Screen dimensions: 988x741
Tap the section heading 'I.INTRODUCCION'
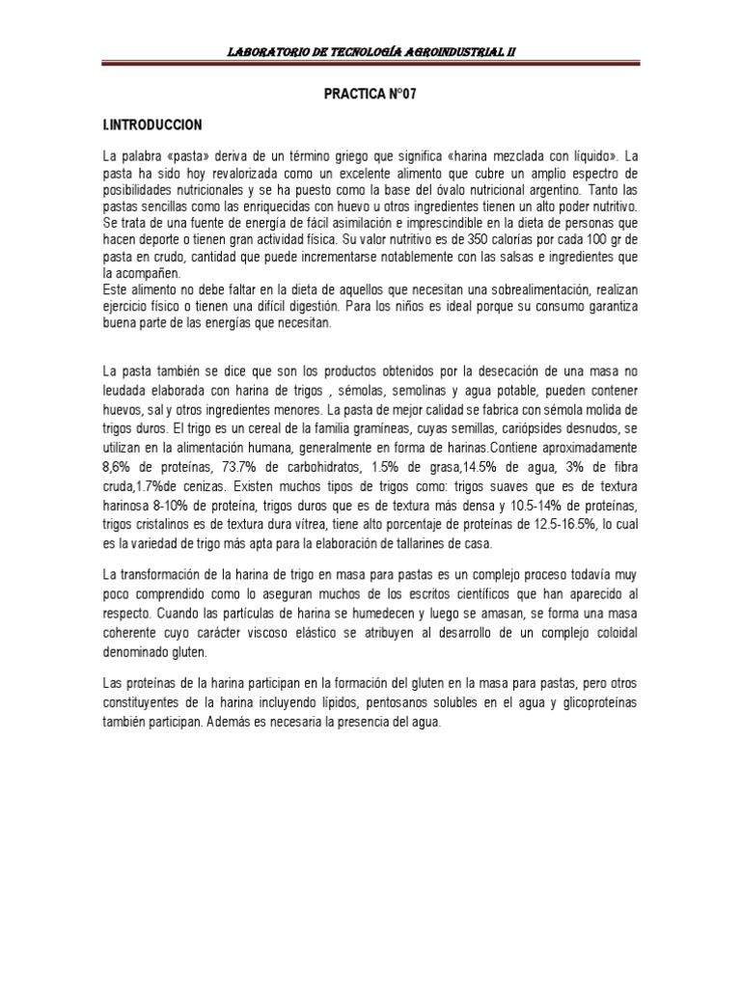152,125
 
